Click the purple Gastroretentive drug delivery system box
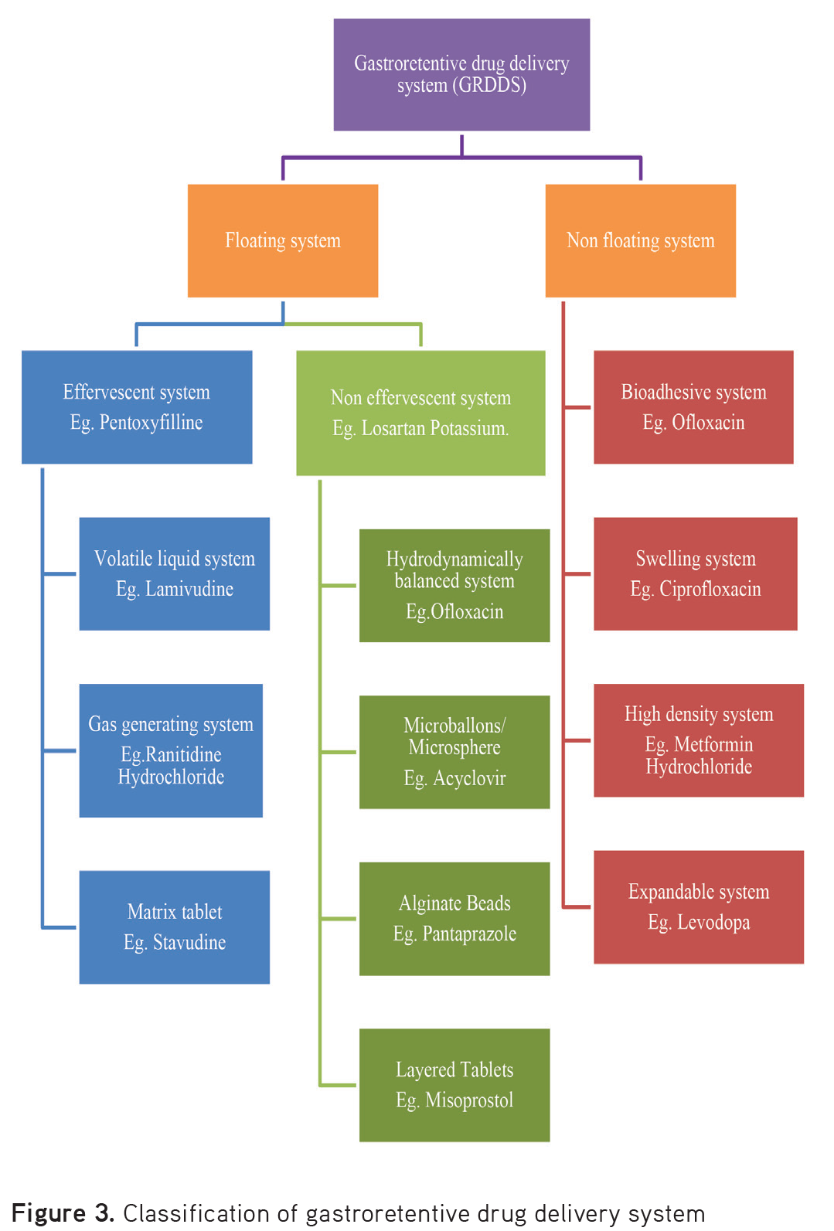tap(461, 75)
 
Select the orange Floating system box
tap(283, 240)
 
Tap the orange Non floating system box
tap(640, 240)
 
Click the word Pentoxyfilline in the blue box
tap(151, 423)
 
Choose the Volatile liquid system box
tap(174, 573)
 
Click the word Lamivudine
tap(189, 589)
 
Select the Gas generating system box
tap(171, 750)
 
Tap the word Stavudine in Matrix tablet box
tap(189, 942)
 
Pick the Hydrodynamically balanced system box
tap(454, 585)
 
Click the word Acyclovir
tap(469, 778)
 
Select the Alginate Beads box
tap(454, 918)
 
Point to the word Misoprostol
tap(469, 1100)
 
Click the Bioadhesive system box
tap(693, 406)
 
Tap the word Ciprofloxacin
tap(710, 589)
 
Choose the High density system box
tap(698, 740)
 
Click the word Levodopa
tap(713, 922)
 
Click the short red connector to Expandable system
tap(577, 906)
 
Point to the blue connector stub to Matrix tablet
tap(60, 927)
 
